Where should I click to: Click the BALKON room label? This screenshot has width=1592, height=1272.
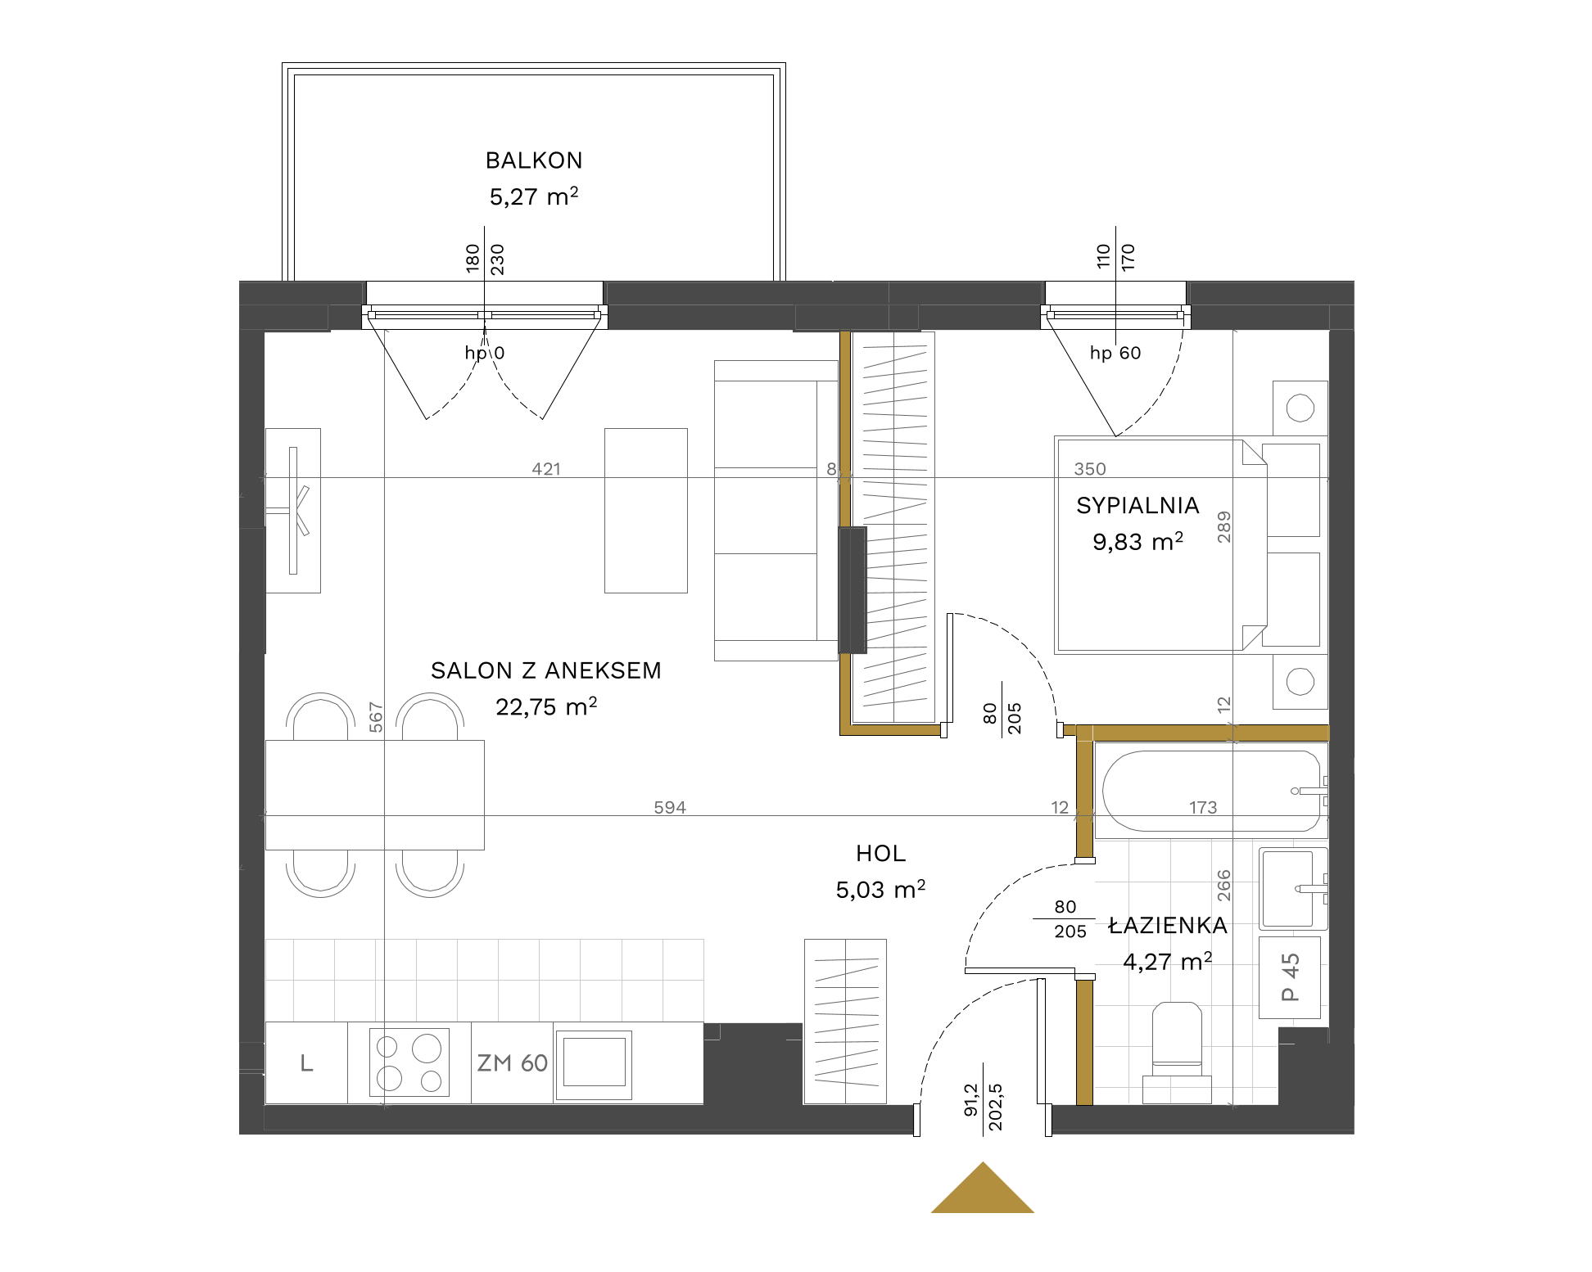tap(534, 160)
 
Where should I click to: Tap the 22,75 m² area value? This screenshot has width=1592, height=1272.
tap(546, 706)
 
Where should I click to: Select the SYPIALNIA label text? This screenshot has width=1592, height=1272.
tap(1137, 506)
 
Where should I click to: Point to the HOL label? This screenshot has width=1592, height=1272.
tap(880, 854)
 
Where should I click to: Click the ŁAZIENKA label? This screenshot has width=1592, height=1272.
tap(1167, 925)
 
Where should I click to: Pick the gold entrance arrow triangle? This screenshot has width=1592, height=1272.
tap(983, 1188)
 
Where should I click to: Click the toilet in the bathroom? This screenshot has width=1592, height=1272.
tap(1177, 1053)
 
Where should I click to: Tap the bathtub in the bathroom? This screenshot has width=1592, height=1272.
tap(1211, 791)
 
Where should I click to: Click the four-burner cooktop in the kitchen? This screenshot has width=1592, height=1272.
tap(409, 1062)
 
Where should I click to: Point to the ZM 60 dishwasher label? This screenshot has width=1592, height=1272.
tap(513, 1063)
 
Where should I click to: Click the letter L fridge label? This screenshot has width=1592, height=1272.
tap(306, 1063)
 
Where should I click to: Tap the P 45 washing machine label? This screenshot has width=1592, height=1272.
tap(1290, 977)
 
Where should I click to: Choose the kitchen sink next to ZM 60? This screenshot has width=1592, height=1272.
tap(594, 1063)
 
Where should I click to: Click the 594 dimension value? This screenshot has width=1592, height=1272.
tap(670, 807)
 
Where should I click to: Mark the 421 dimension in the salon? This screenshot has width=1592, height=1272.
tap(546, 469)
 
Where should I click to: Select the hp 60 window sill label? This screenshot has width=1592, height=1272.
tap(1115, 353)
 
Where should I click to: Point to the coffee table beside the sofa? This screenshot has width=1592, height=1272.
tap(645, 510)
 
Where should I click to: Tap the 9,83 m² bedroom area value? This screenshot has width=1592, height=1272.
tap(1137, 541)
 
